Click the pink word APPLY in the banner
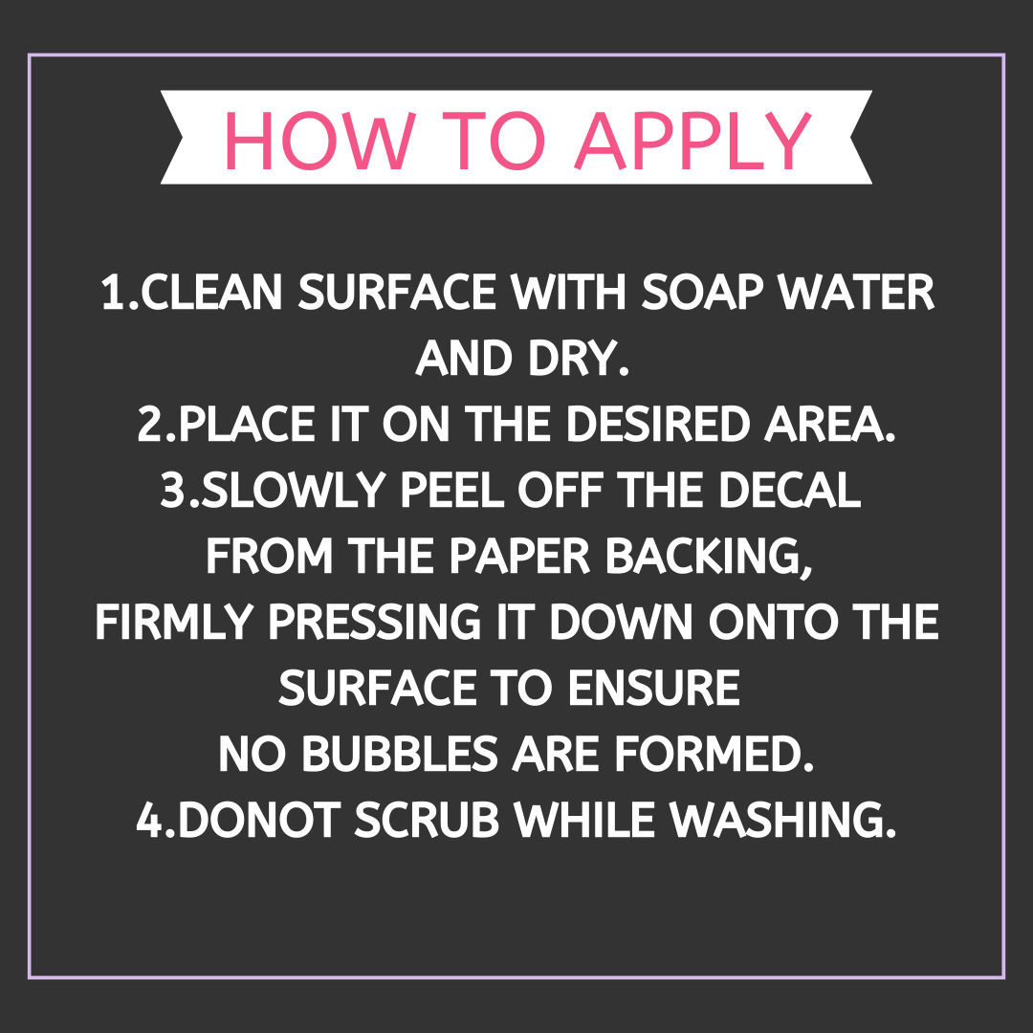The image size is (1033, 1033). pos(693,141)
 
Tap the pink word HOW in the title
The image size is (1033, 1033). pos(320,141)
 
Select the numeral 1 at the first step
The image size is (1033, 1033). pos(113,292)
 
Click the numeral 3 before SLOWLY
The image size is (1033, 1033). pos(174,490)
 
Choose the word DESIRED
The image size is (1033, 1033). pos(657,425)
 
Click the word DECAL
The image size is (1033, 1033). pos(789,490)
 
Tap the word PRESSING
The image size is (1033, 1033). pos(375,622)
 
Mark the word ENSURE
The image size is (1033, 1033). pos(653,689)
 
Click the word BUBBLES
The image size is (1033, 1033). pos(399,755)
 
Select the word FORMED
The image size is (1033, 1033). pos(714,755)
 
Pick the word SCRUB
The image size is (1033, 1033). pos(427,821)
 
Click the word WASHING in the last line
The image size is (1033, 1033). pos(782,821)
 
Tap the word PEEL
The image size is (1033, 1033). pos(451,490)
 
